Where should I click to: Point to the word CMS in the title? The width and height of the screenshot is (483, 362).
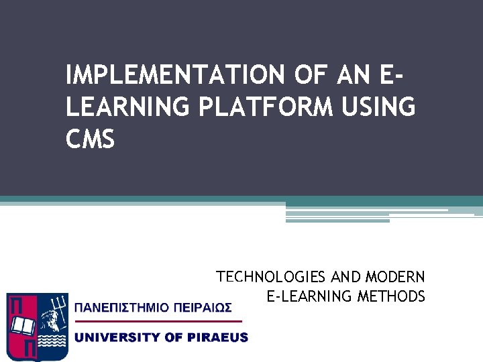pos(91,139)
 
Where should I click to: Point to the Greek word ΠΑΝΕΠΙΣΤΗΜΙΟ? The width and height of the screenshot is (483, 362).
pos(123,308)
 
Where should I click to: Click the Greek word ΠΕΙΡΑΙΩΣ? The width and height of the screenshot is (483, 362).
pos(205,308)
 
